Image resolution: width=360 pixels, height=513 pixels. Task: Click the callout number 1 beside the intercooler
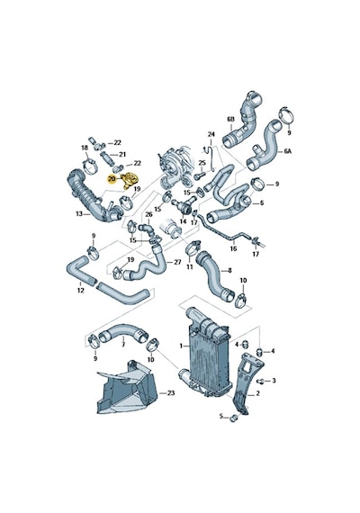tap(181, 346)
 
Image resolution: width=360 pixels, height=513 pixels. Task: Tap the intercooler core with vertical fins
tap(207, 356)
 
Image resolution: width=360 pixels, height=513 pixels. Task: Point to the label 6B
tap(231, 120)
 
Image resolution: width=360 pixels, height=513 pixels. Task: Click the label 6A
tap(287, 151)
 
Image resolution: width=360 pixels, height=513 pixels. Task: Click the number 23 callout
tap(171, 393)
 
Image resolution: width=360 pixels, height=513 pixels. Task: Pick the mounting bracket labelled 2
tap(245, 385)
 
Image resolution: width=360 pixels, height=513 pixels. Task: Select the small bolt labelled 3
tap(261, 382)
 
